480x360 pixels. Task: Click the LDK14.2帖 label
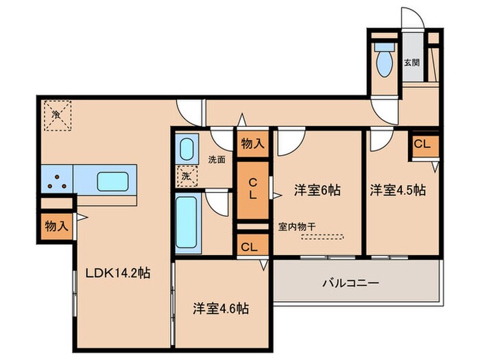tap(117, 273)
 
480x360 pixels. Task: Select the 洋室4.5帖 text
tap(398, 190)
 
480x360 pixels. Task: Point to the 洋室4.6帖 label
tap(221, 309)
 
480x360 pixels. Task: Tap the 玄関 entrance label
tap(411, 62)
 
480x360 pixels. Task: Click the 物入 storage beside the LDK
tap(56, 226)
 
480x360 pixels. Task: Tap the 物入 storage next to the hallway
tap(253, 143)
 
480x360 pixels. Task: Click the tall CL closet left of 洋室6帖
tap(253, 189)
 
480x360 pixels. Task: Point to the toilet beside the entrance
tap(383, 60)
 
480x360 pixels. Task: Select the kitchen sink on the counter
tap(111, 181)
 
